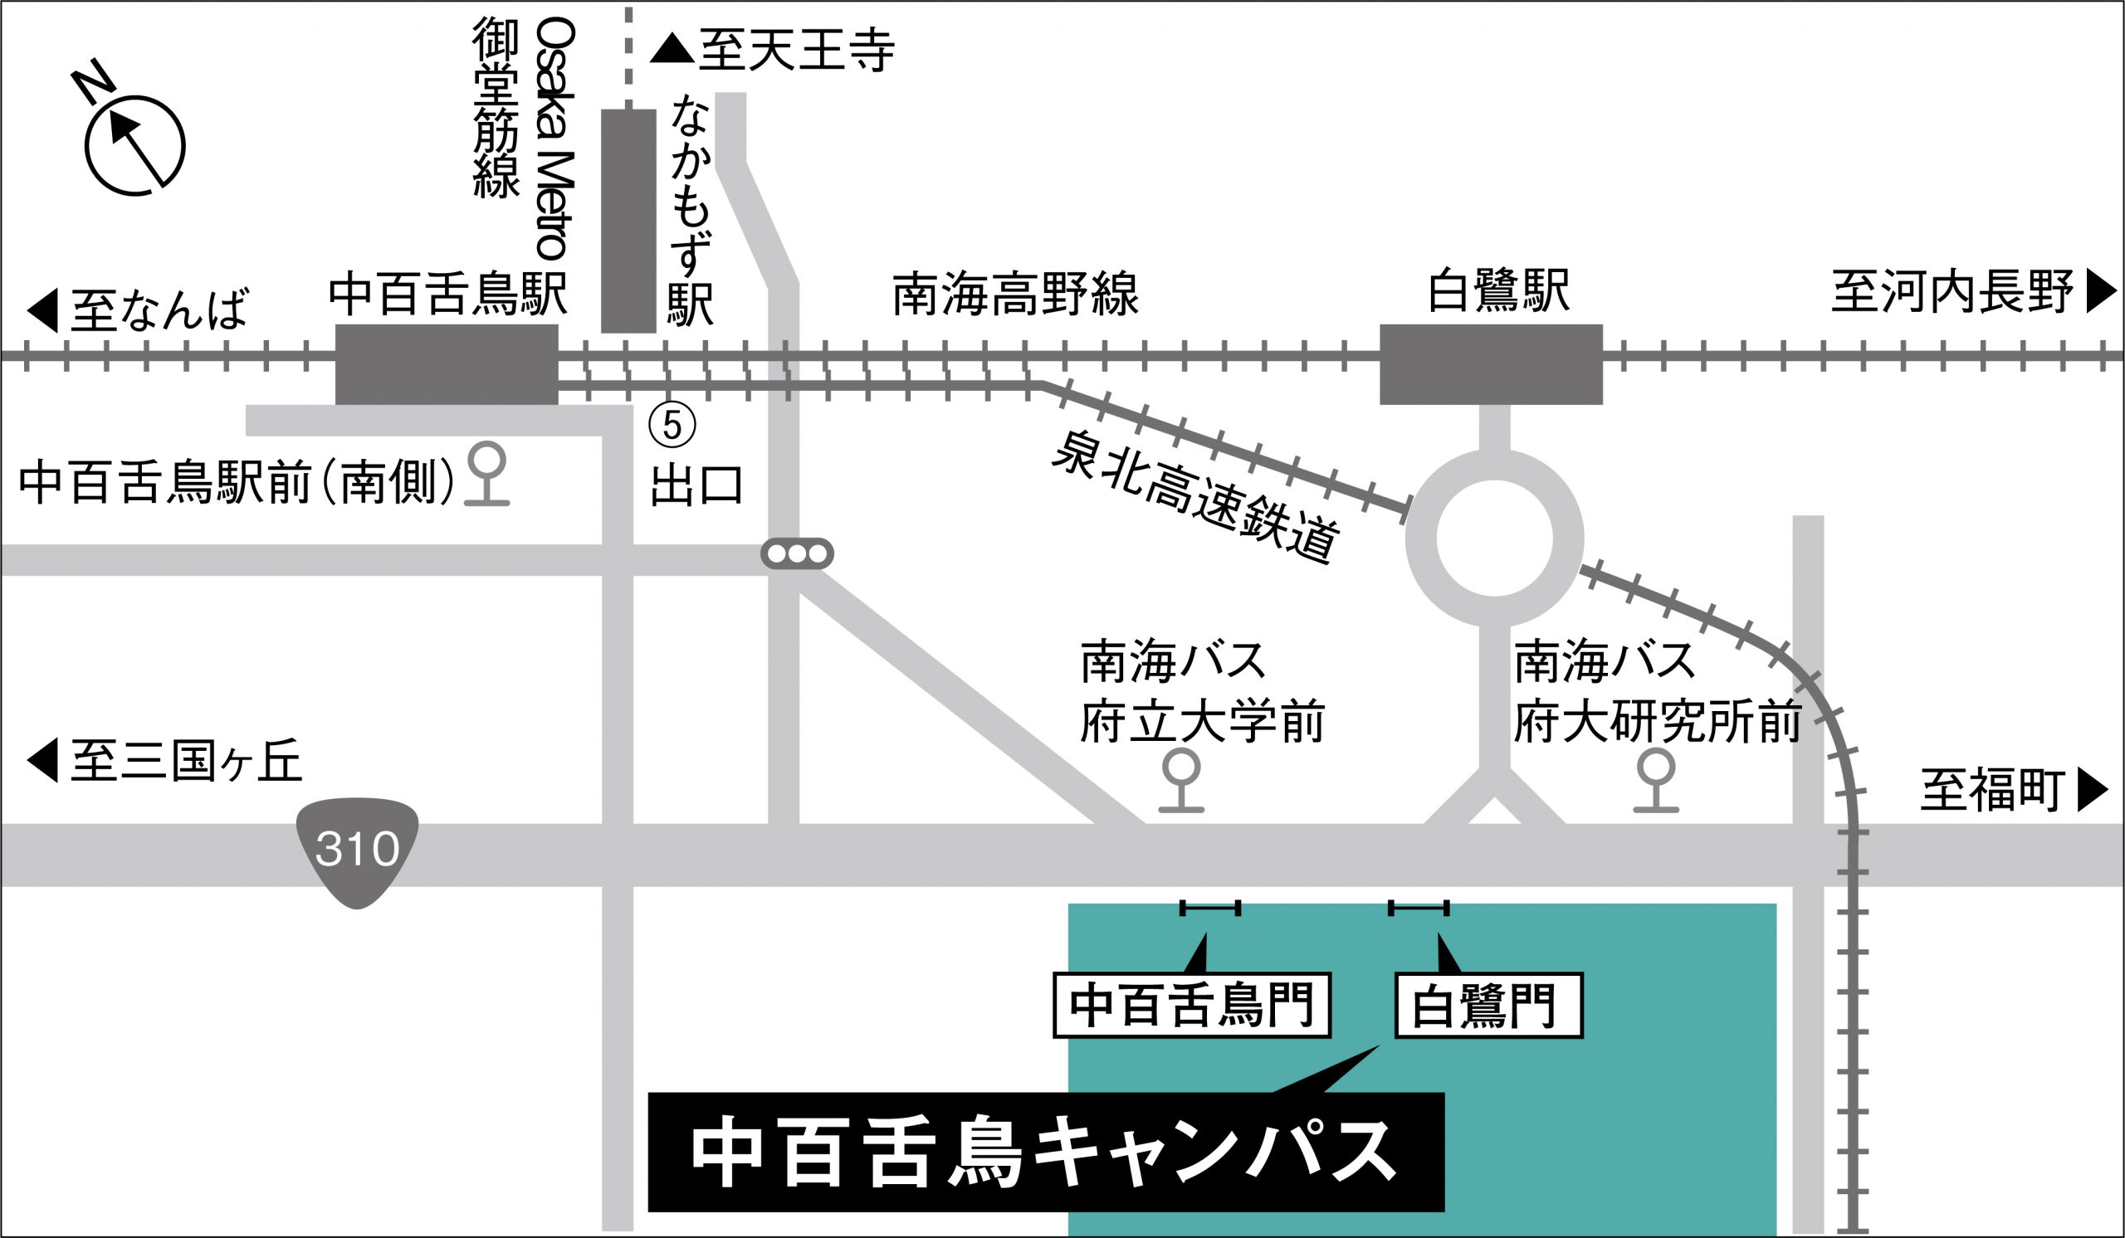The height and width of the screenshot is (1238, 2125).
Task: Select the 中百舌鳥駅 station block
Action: pos(446,364)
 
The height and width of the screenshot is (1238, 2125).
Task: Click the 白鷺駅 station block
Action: pos(1490,364)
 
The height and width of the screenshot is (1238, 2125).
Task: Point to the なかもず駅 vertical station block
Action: pos(628,221)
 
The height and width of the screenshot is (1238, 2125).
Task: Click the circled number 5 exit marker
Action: pos(672,425)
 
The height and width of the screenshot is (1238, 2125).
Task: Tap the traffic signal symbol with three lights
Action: pos(797,553)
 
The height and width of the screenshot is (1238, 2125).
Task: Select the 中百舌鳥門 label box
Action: pos(1191,1006)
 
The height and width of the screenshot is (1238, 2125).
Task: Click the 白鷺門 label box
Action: pos(1488,1006)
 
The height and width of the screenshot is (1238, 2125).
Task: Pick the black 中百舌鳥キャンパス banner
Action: pos(1046,1152)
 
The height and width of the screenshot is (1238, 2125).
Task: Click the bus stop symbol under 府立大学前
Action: pos(1180,780)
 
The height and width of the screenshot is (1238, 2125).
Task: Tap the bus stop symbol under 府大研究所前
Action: pos(1655,780)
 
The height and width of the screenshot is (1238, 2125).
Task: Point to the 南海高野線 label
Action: pos(1015,293)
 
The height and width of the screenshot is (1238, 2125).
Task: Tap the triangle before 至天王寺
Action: pos(672,49)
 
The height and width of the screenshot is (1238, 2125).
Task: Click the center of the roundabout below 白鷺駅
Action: pos(1494,538)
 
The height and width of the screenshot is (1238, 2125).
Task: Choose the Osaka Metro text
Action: pos(556,139)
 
